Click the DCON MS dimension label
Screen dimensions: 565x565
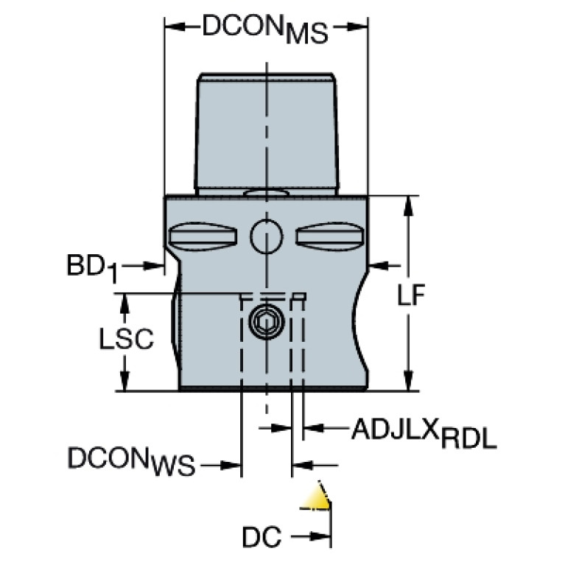265,30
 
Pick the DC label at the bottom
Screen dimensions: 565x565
262,537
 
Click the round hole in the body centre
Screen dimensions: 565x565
265,236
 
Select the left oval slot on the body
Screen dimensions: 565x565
202,236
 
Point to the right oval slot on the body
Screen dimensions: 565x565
329,236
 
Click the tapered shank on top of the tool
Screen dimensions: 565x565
267,133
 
